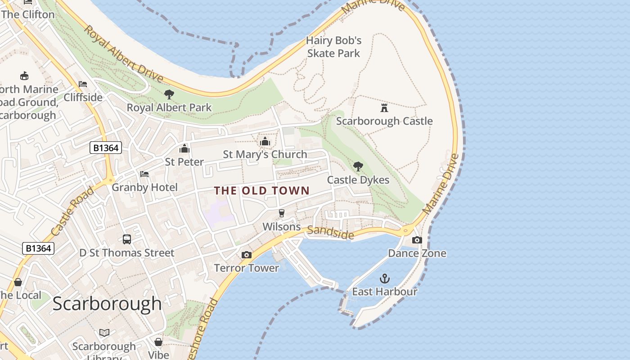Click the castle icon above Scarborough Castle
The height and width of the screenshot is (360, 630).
tap(384, 108)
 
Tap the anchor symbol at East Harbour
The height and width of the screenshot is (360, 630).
tap(385, 279)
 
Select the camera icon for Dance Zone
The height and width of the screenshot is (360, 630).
tap(417, 240)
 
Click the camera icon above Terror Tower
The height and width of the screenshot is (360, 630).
tap(246, 255)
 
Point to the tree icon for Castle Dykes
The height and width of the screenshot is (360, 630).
tap(358, 167)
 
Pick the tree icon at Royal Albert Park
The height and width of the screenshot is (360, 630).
tap(169, 94)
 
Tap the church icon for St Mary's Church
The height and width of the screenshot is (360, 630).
tap(265, 141)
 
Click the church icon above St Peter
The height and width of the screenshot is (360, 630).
tap(184, 148)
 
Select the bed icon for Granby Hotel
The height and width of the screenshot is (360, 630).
tap(144, 174)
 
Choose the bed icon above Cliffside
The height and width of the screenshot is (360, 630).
tap(83, 84)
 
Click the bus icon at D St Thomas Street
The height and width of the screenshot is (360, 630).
tap(127, 239)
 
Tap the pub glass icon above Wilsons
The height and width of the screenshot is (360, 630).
tap(282, 213)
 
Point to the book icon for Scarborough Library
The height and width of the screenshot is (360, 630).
tap(104, 333)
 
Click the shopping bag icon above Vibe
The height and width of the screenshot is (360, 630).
tap(158, 342)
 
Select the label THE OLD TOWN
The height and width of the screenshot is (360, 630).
tap(262, 190)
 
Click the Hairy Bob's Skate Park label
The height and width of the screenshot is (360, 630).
tap(333, 47)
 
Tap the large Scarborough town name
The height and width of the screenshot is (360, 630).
tap(107, 304)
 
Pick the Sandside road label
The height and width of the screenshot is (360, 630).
tap(331, 232)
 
